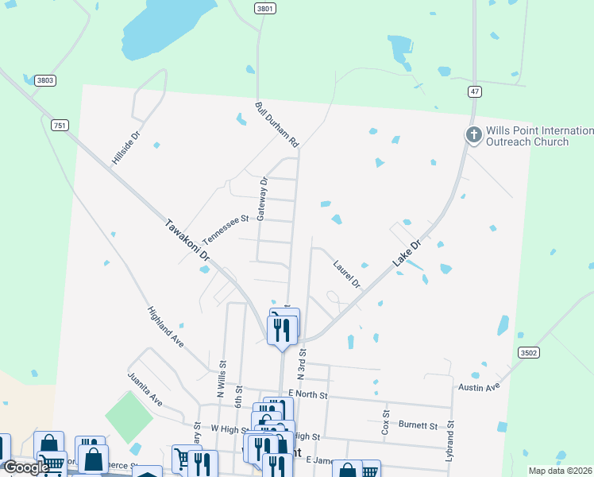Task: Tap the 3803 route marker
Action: [45, 80]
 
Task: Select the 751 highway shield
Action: [60, 125]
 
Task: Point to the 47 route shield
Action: [475, 92]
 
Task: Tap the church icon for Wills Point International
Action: [473, 135]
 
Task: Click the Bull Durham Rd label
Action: [276, 125]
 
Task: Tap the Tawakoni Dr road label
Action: [187, 241]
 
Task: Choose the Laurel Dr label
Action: [347, 274]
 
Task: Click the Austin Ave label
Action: [479, 386]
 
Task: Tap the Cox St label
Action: [386, 421]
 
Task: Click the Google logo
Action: [26, 467]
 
